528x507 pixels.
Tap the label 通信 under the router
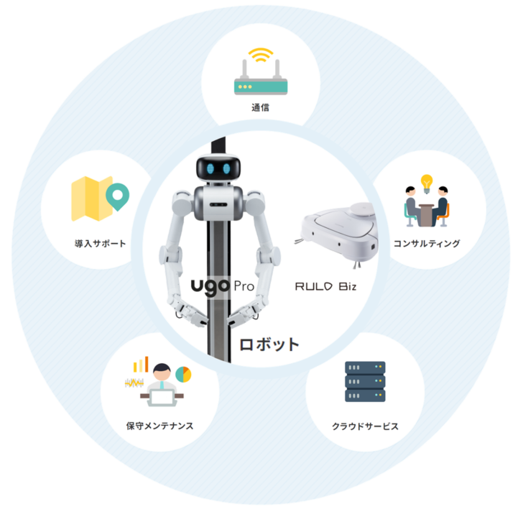[260, 109]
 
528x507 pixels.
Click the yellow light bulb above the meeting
[427, 181]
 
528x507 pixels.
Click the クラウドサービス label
[365, 426]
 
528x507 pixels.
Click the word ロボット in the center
[269, 344]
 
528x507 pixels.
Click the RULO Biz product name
[326, 286]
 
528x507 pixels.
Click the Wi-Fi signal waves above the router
[259, 55]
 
